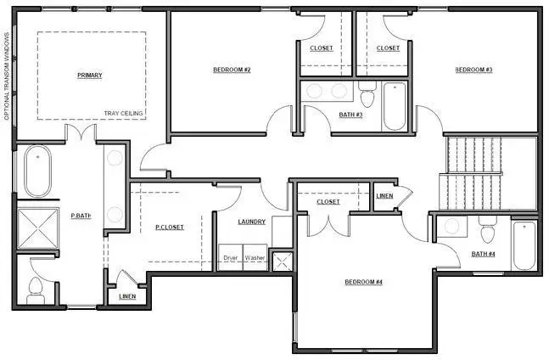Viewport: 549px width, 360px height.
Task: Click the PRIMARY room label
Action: click(x=90, y=76)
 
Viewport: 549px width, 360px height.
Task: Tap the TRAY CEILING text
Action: click(x=124, y=113)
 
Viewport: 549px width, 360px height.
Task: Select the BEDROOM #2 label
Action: click(x=231, y=70)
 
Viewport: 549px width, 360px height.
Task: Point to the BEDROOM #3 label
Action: click(x=473, y=70)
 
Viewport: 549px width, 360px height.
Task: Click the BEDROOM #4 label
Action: click(x=364, y=282)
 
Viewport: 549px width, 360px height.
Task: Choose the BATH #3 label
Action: click(x=350, y=114)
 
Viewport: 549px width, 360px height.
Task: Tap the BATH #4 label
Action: click(x=485, y=253)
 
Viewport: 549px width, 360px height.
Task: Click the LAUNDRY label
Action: click(x=252, y=222)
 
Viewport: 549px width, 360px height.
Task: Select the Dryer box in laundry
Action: click(x=230, y=257)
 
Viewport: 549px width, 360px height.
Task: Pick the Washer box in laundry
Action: click(x=255, y=257)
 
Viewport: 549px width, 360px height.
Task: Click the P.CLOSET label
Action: click(x=170, y=227)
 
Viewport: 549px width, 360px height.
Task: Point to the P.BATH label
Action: click(x=81, y=216)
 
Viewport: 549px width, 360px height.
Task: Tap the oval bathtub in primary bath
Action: click(x=37, y=172)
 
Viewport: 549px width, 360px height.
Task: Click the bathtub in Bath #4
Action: click(x=524, y=245)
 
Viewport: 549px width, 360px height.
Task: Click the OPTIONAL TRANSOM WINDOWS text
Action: click(x=7, y=76)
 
